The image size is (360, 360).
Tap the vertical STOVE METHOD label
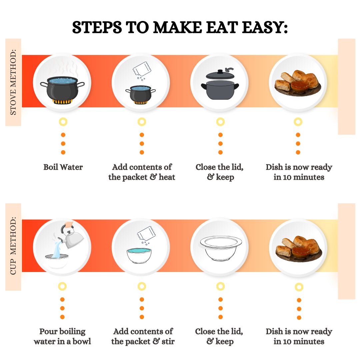(x=13, y=82)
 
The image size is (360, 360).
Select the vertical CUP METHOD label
(x=13, y=246)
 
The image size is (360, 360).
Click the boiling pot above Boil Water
(x=62, y=88)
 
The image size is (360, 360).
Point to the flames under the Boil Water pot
(x=62, y=101)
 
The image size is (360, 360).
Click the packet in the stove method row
(x=142, y=69)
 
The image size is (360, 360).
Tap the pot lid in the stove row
(x=220, y=74)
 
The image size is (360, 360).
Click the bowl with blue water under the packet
(x=139, y=255)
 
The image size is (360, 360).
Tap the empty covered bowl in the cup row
(x=221, y=248)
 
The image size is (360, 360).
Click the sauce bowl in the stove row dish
(x=300, y=86)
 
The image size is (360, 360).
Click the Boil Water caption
(x=63, y=167)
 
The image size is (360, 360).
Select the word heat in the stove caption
(x=167, y=177)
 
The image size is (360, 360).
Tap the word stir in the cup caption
(x=168, y=341)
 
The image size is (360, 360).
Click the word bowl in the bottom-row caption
(x=82, y=341)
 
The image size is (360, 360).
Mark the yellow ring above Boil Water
(x=63, y=122)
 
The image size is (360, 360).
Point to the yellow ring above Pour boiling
(x=62, y=286)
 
